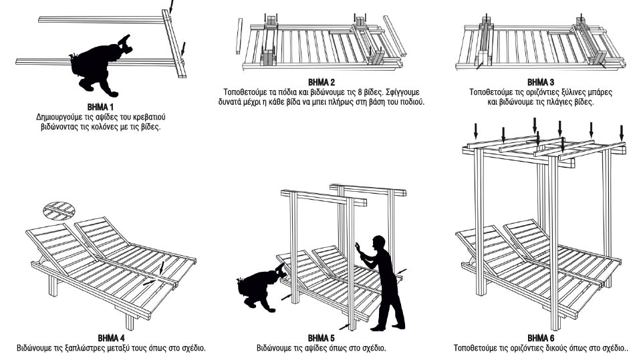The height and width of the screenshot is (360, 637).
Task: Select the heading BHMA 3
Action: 541,81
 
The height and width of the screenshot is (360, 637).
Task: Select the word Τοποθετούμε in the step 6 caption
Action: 476,348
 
